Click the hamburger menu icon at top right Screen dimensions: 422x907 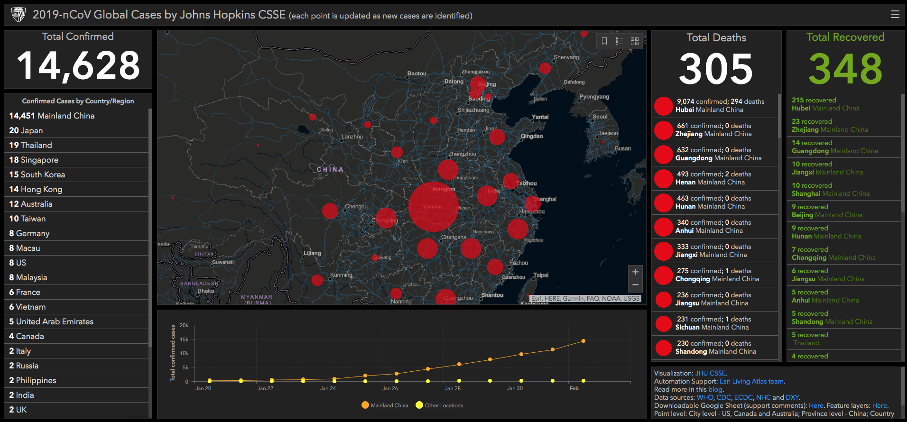(895, 14)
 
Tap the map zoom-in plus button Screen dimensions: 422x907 (635, 272)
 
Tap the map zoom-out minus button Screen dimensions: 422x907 (635, 285)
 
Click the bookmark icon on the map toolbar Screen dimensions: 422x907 (604, 41)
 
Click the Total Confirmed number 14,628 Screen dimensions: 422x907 (78, 65)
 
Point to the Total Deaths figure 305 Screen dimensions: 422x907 (716, 69)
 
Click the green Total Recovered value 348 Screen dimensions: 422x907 (845, 69)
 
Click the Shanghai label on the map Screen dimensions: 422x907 (545, 199)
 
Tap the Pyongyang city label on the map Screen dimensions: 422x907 (594, 97)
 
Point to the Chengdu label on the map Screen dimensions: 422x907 (356, 207)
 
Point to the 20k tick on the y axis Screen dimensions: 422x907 (184, 325)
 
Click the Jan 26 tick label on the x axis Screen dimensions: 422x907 (390, 388)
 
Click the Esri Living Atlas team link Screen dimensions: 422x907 (751, 381)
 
